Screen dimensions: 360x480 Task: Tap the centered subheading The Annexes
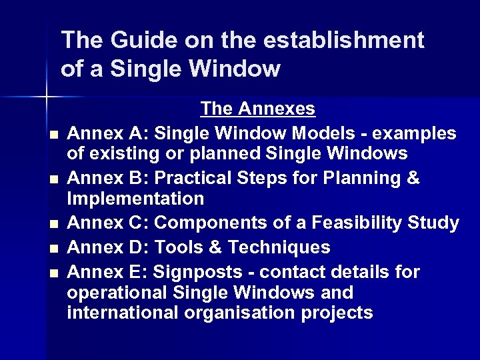257,108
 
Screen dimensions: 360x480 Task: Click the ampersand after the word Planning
413,179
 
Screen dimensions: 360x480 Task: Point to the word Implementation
135,199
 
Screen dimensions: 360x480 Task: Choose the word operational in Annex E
117,293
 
